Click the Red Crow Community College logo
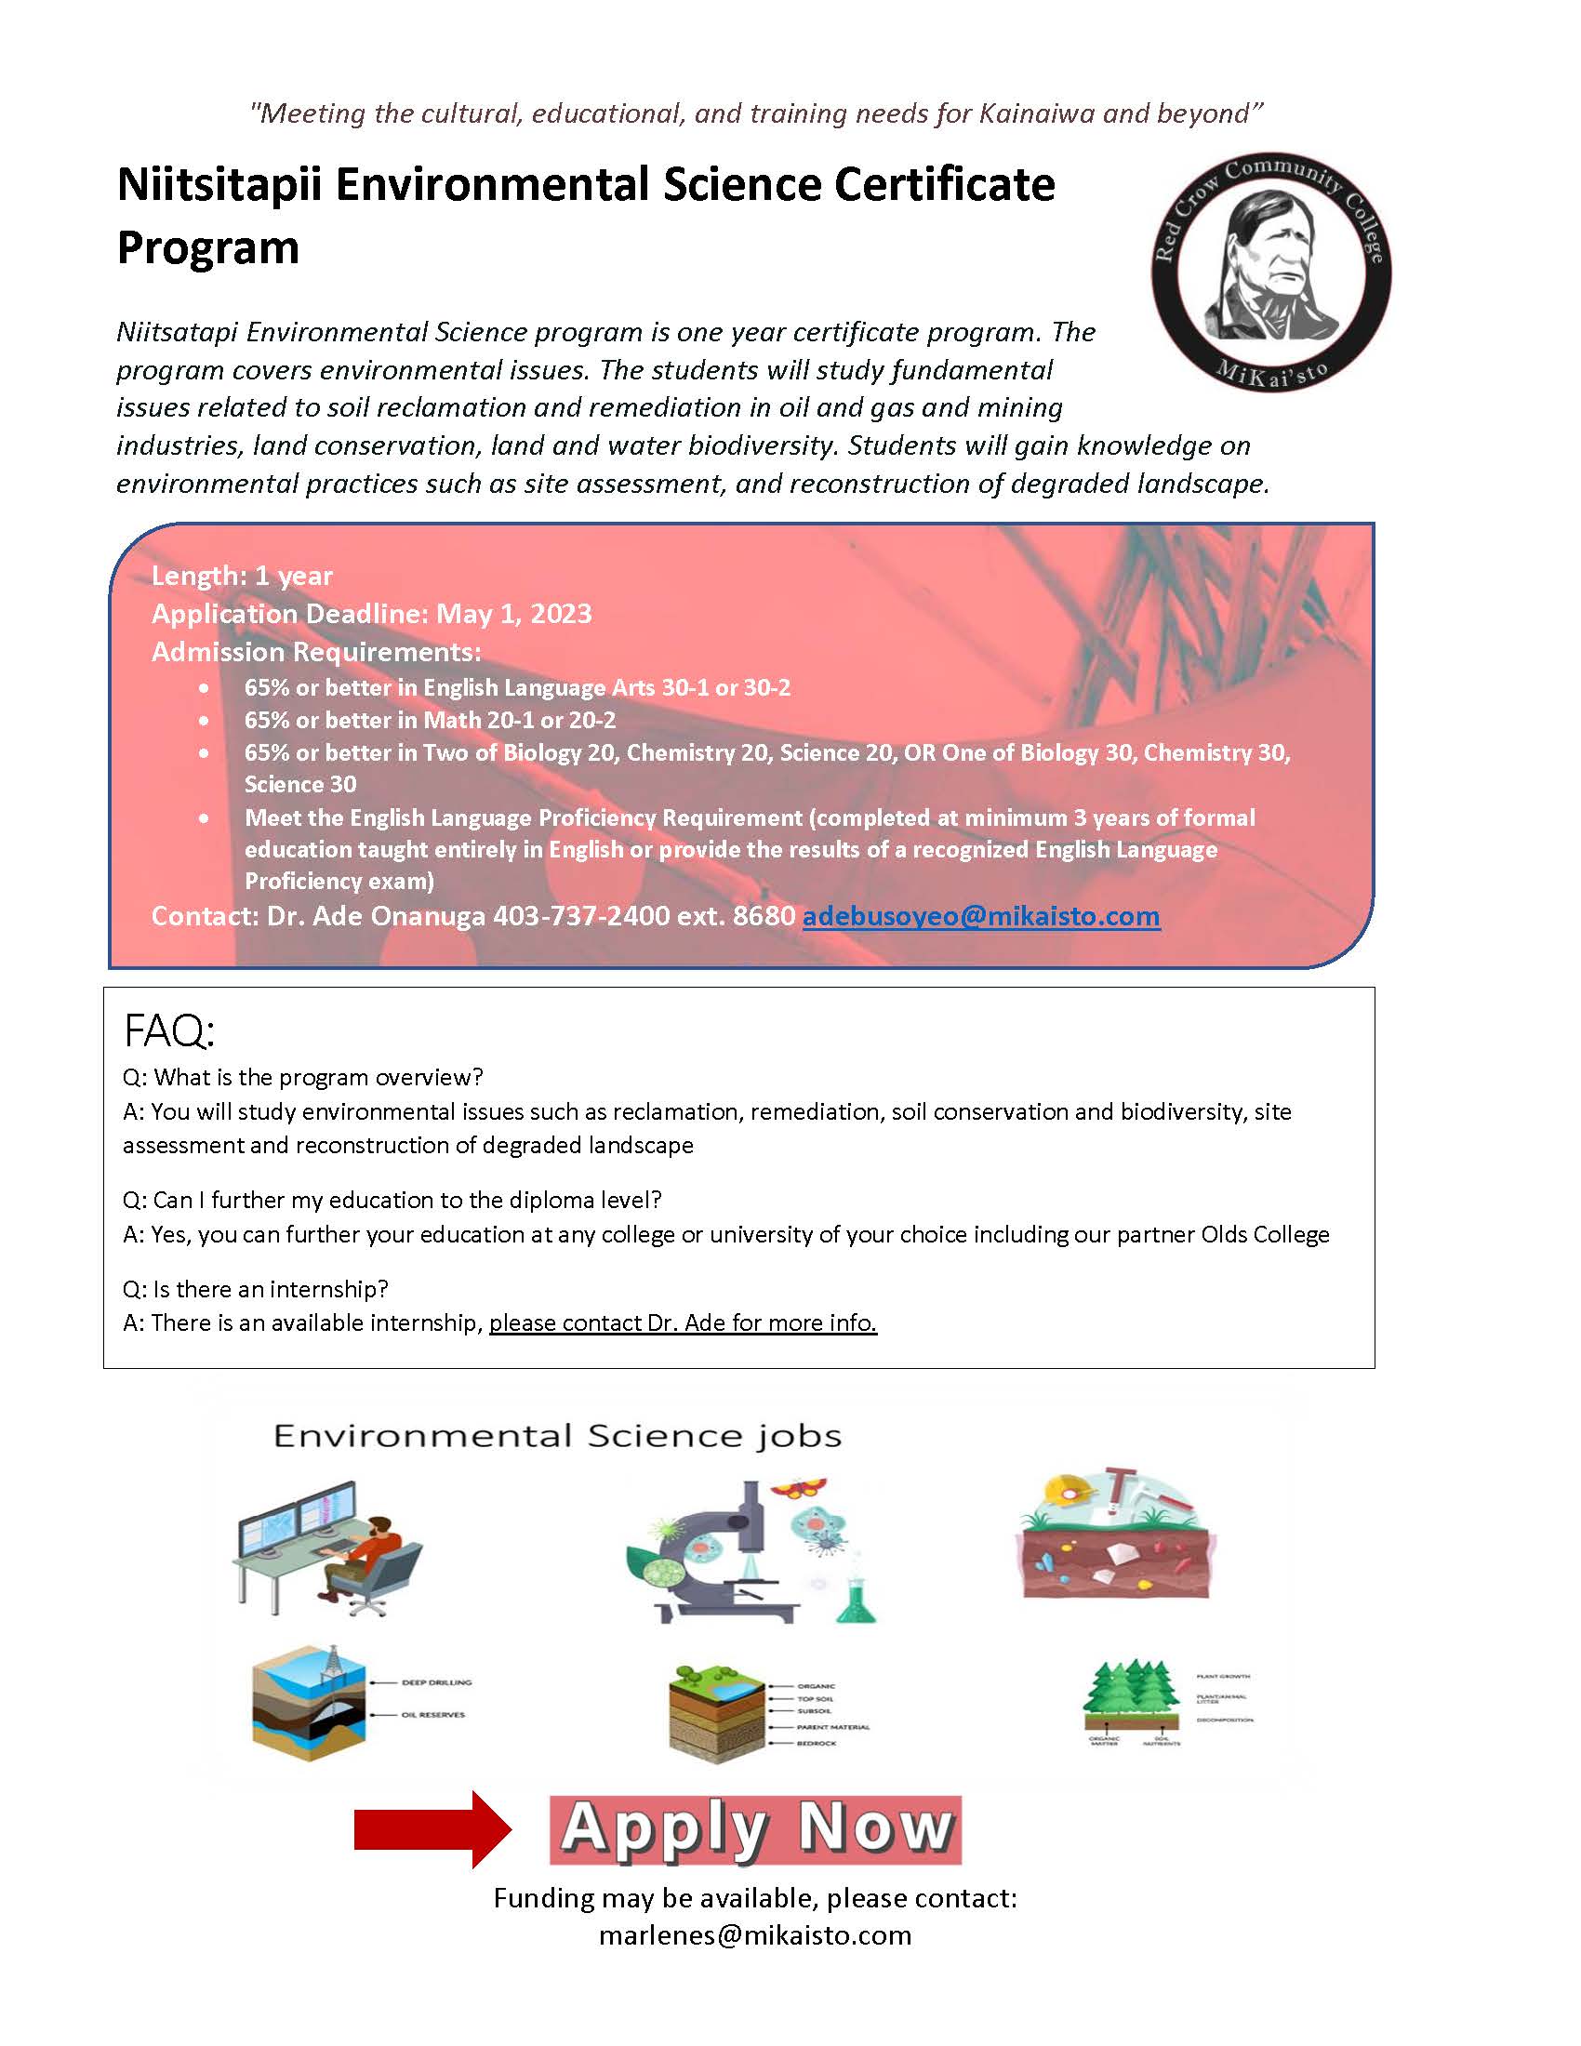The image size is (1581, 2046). [1271, 272]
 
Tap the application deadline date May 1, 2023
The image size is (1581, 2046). [513, 615]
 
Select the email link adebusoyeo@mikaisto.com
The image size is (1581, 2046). [980, 916]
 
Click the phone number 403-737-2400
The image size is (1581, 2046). [580, 916]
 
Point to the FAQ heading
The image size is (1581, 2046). [169, 1032]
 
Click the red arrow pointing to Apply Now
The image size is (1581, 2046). [432, 1829]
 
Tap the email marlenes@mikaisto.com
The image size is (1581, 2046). [755, 1935]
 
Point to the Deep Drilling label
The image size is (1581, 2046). [436, 1682]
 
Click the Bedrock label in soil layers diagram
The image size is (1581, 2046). [817, 1744]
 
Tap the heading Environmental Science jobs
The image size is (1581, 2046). [557, 1436]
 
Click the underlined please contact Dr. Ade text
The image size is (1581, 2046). [682, 1322]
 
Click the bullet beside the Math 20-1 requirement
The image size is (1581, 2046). [205, 721]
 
